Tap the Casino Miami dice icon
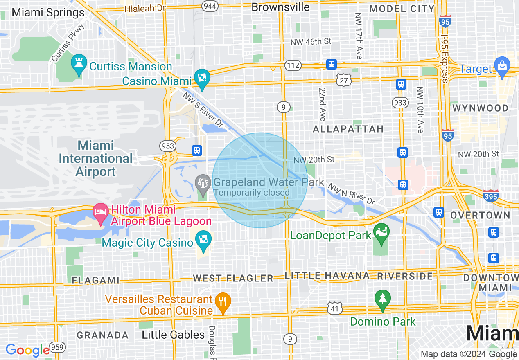(x=202, y=78)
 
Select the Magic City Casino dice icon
(x=203, y=241)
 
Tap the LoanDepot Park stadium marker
(x=381, y=232)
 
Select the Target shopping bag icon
(x=501, y=66)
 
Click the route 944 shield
(x=209, y=6)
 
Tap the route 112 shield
(x=293, y=65)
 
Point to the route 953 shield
(x=168, y=146)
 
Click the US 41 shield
(x=334, y=308)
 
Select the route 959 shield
(x=58, y=348)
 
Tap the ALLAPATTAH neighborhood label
(x=348, y=129)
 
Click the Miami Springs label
(x=48, y=13)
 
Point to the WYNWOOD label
(x=481, y=108)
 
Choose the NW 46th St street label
(x=311, y=42)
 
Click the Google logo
(x=27, y=350)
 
